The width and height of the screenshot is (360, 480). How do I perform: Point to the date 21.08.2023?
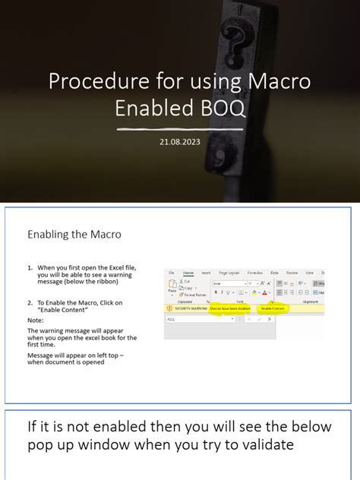click(x=180, y=141)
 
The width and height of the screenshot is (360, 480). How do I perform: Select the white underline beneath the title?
click(x=180, y=129)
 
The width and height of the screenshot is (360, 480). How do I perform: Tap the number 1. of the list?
click(x=30, y=268)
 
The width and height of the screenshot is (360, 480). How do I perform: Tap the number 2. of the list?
click(x=30, y=303)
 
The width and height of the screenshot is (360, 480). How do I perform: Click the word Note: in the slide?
click(x=36, y=320)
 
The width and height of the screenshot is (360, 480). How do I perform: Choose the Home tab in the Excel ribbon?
click(x=188, y=272)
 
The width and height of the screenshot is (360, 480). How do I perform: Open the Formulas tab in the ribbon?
click(x=256, y=272)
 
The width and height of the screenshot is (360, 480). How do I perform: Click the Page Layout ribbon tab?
click(x=229, y=272)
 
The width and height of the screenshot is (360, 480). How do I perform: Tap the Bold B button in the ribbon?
click(x=216, y=292)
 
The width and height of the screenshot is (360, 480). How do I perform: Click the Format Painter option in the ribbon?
click(x=194, y=295)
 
